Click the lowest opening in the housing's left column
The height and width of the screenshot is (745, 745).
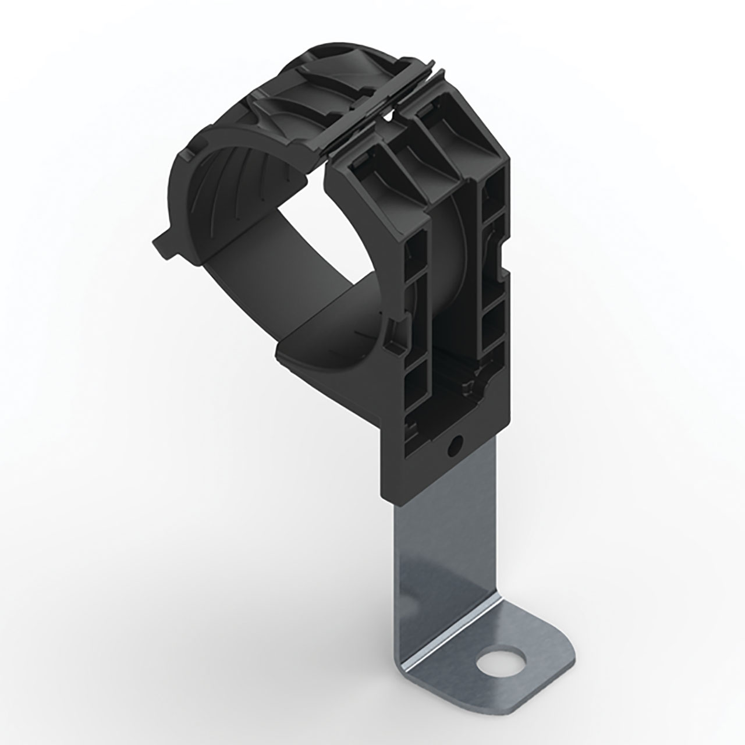(x=414, y=387)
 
